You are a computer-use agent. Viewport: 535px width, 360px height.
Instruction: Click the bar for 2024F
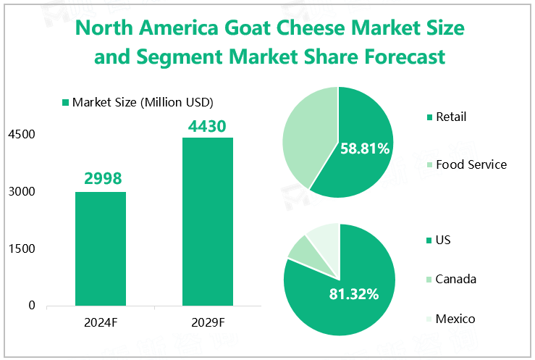click(101, 248)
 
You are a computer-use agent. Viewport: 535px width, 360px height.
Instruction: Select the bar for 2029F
click(207, 221)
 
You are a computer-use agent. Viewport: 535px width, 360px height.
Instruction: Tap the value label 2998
click(101, 178)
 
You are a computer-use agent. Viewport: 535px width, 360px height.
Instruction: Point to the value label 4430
click(208, 125)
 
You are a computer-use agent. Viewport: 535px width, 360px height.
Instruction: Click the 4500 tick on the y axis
click(22, 135)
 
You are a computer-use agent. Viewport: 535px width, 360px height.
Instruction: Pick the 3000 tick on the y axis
click(22, 192)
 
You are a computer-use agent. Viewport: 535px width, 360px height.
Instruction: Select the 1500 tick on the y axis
click(22, 248)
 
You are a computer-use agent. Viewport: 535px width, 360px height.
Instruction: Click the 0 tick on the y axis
click(31, 306)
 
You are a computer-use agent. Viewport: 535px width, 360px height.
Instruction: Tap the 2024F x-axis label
click(101, 322)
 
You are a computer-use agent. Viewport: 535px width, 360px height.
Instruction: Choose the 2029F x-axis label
click(207, 322)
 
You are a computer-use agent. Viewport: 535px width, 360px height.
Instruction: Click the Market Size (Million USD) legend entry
click(138, 102)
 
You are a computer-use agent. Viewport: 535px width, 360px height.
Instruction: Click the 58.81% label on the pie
click(365, 148)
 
